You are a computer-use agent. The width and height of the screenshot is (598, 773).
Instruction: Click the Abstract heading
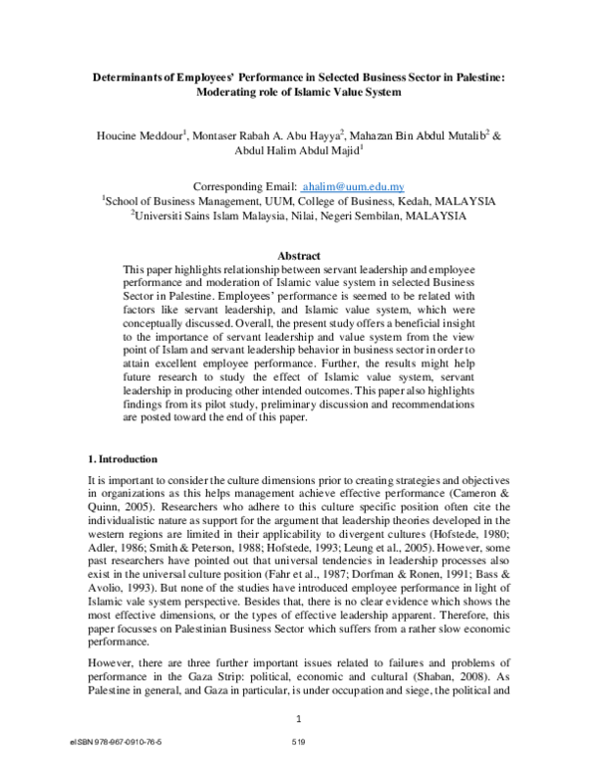(298, 256)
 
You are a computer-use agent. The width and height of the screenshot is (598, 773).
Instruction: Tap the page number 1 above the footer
(298, 718)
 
